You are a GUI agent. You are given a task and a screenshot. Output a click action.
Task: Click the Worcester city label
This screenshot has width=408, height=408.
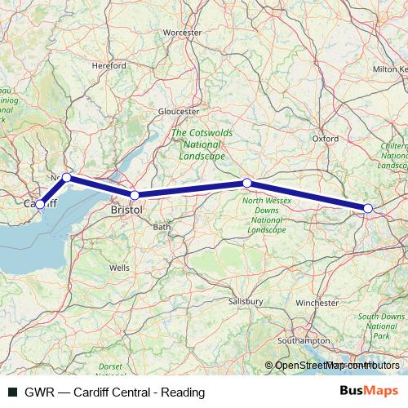coord(181,33)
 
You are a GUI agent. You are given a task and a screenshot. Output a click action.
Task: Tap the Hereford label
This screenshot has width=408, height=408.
coord(109,65)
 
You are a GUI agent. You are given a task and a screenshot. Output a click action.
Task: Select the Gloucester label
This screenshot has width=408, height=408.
coord(179,111)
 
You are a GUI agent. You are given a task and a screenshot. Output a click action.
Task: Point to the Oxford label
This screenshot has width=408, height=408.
coord(325,139)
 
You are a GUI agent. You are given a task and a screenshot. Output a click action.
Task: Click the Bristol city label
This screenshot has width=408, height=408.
coord(126,210)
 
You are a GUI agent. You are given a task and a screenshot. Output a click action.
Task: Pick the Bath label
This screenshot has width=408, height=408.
coord(162,227)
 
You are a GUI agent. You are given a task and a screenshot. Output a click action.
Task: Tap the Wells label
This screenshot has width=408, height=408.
coord(119,267)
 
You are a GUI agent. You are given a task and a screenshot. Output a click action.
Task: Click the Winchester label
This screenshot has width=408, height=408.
coord(317,303)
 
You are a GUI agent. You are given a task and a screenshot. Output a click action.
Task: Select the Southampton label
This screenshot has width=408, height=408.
coord(303,339)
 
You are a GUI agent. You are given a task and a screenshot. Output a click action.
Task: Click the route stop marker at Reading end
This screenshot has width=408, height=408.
coord(368,209)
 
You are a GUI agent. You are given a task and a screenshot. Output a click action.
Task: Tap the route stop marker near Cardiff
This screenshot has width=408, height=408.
coord(40,204)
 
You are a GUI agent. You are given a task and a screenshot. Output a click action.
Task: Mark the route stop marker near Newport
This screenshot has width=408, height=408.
coord(66,177)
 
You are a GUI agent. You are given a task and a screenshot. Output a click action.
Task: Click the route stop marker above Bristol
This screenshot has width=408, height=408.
coord(135,195)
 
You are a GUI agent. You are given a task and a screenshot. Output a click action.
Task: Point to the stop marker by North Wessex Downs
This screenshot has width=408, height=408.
coord(247,183)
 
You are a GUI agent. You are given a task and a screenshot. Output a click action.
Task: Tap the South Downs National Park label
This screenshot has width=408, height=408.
coord(380,326)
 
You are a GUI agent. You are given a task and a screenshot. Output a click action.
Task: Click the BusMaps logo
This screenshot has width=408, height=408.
coord(368,392)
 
